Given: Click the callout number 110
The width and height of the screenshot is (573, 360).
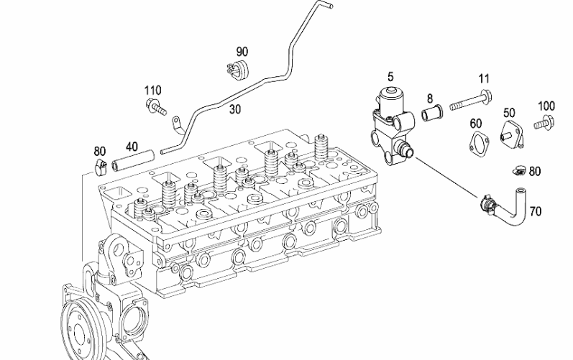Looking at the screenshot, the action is click(x=152, y=91).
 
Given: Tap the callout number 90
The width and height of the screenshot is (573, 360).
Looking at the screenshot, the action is click(x=242, y=52).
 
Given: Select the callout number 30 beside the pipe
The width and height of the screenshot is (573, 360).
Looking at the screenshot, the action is click(x=235, y=109).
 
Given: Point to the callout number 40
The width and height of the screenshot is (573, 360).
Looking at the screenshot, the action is click(x=132, y=147).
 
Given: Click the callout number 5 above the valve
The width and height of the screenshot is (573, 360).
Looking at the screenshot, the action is click(x=390, y=77).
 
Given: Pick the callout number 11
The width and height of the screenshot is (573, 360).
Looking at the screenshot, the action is click(x=484, y=78).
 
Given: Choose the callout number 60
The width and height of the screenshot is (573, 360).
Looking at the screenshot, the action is click(x=475, y=124).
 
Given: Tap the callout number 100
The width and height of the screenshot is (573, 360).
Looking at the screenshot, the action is click(x=546, y=106).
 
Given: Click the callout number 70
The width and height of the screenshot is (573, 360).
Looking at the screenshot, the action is click(x=536, y=211).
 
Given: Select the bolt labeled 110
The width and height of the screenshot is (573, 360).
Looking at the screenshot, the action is click(x=156, y=106).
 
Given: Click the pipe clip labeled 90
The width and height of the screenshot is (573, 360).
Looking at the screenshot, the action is click(x=237, y=69).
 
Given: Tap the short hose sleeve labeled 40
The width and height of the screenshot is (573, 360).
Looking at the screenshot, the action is click(x=133, y=161).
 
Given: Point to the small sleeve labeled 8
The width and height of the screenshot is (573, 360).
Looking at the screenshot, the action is click(x=432, y=113).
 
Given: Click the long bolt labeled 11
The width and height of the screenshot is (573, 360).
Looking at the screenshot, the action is click(x=471, y=101).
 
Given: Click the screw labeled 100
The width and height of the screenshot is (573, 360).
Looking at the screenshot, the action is click(x=544, y=122).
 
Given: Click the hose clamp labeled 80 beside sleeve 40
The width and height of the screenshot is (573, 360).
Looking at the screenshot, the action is click(x=100, y=167).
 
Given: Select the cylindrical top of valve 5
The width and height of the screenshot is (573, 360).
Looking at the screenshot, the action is click(x=391, y=98).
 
